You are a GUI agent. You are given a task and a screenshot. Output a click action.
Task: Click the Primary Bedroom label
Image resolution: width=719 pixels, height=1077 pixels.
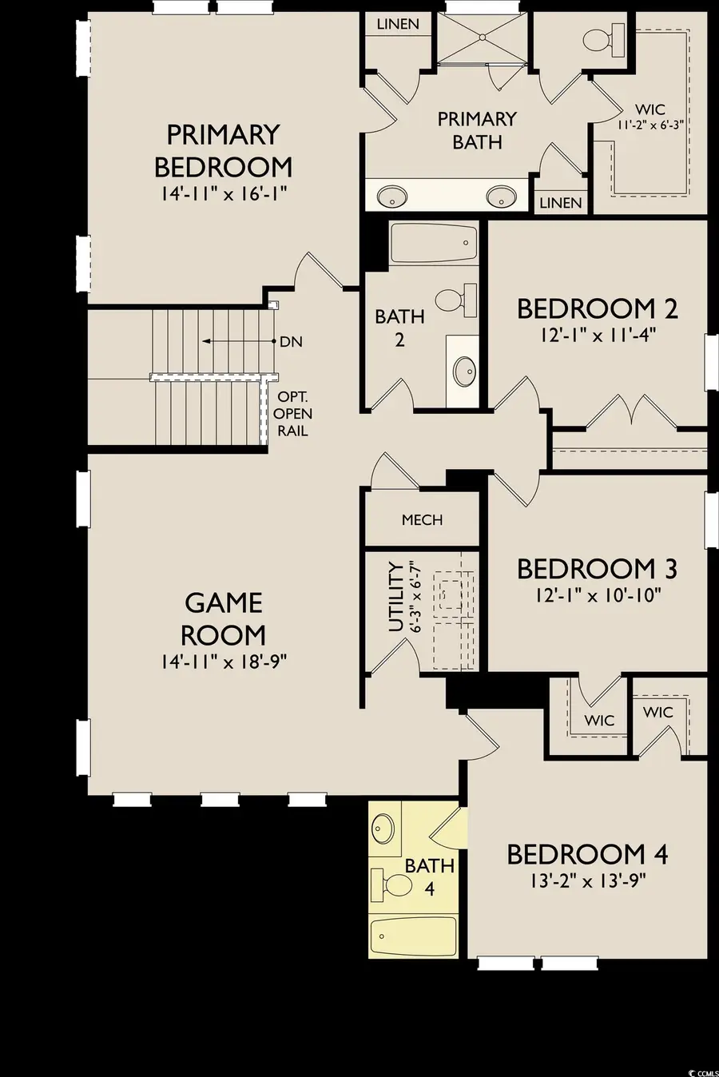click(x=223, y=150)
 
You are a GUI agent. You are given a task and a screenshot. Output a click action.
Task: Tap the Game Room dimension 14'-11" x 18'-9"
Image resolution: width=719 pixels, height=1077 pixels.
click(x=223, y=662)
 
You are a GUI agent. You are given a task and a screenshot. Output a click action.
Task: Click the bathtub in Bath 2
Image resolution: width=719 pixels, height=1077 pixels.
click(x=434, y=242)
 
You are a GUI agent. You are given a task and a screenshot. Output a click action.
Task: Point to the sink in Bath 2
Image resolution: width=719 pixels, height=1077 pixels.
click(x=464, y=371)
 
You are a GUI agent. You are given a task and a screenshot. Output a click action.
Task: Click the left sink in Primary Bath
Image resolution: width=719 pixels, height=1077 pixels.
click(x=391, y=196)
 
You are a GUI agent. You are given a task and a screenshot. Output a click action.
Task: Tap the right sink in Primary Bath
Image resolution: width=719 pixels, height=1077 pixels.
click(x=502, y=196)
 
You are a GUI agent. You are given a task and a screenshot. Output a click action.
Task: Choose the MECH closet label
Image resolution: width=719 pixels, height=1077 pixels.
click(x=422, y=520)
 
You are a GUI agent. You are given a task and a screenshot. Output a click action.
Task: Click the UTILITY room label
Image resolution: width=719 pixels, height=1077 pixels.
click(x=395, y=597)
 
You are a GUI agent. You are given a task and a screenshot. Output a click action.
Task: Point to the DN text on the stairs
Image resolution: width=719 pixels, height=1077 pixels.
click(x=291, y=341)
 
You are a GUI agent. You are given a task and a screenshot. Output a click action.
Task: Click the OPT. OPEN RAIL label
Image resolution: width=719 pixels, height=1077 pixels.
click(x=294, y=414)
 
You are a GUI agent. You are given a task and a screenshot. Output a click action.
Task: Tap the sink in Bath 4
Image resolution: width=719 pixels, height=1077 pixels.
click(x=384, y=828)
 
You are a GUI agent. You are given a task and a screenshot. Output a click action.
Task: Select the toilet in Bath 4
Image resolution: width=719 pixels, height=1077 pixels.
click(x=391, y=884)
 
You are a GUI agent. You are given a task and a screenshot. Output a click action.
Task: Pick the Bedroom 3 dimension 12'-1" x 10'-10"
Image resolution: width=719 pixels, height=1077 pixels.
click(x=598, y=595)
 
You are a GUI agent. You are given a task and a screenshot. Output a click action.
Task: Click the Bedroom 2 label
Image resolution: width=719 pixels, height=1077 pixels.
click(x=598, y=308)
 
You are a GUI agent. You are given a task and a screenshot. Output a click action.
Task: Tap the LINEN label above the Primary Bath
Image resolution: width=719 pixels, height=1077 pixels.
click(x=397, y=24)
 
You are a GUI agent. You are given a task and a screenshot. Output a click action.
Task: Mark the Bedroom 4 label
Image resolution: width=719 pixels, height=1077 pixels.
click(x=587, y=854)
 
